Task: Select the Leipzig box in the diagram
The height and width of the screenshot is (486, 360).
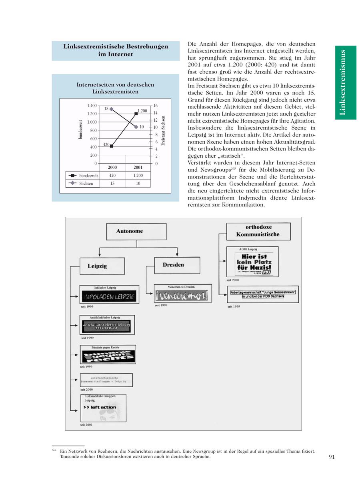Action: [x=97, y=266]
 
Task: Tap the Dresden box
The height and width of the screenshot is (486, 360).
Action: [x=174, y=265]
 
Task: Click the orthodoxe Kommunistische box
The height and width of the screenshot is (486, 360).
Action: [x=258, y=231]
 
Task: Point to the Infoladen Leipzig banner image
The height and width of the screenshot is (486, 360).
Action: [x=109, y=296]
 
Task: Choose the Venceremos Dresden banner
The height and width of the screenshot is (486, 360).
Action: [x=183, y=296]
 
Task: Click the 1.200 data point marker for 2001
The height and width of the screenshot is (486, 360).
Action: [x=136, y=114]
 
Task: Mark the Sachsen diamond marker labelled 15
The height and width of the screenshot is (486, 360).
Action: [x=111, y=109]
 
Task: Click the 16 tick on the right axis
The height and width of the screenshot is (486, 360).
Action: [x=156, y=106]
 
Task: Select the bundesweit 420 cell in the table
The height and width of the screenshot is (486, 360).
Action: [x=112, y=175]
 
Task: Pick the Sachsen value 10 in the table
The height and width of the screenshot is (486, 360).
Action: [x=137, y=183]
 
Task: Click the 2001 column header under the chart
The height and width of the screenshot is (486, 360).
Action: [x=137, y=167]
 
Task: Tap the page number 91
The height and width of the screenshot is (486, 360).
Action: [x=331, y=457]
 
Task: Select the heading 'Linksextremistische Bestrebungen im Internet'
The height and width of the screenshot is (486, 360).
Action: [x=116, y=50]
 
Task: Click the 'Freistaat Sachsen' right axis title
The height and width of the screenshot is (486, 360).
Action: [x=163, y=130]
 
